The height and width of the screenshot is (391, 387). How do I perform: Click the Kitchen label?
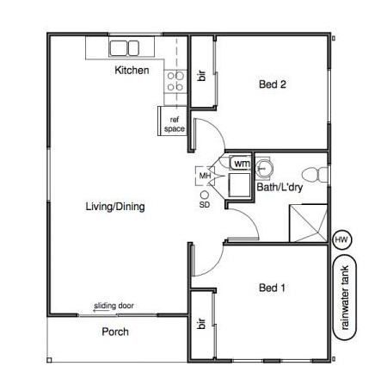click(x=132, y=70)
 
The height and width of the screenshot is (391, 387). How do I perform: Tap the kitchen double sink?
click(x=125, y=48)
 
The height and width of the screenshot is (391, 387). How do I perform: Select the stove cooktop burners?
click(x=175, y=81)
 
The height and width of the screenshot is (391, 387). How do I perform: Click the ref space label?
click(x=175, y=124)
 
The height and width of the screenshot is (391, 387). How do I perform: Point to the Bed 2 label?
click(x=273, y=84)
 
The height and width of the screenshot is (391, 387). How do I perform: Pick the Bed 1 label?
click(x=272, y=288)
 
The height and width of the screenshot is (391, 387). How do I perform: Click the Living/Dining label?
click(x=115, y=207)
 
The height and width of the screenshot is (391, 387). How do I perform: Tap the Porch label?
click(x=115, y=332)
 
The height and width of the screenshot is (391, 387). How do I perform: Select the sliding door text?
click(x=114, y=306)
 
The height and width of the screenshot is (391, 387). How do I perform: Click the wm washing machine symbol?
click(x=241, y=164)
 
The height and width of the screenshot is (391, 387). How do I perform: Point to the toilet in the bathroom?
click(x=315, y=175)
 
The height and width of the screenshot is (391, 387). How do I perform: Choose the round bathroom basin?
click(x=263, y=167)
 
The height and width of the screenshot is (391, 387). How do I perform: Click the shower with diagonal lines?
click(x=309, y=223)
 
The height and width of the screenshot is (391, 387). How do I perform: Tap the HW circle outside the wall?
click(x=341, y=239)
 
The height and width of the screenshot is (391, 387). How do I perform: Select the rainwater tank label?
click(x=345, y=297)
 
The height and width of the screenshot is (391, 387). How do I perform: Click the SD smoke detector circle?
click(x=205, y=195)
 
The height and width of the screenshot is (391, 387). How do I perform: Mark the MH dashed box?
click(x=205, y=176)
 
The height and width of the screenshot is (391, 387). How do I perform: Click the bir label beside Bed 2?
click(x=202, y=76)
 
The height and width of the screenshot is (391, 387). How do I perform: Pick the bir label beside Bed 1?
click(x=202, y=324)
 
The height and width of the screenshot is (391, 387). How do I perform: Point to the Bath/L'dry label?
click(x=279, y=187)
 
